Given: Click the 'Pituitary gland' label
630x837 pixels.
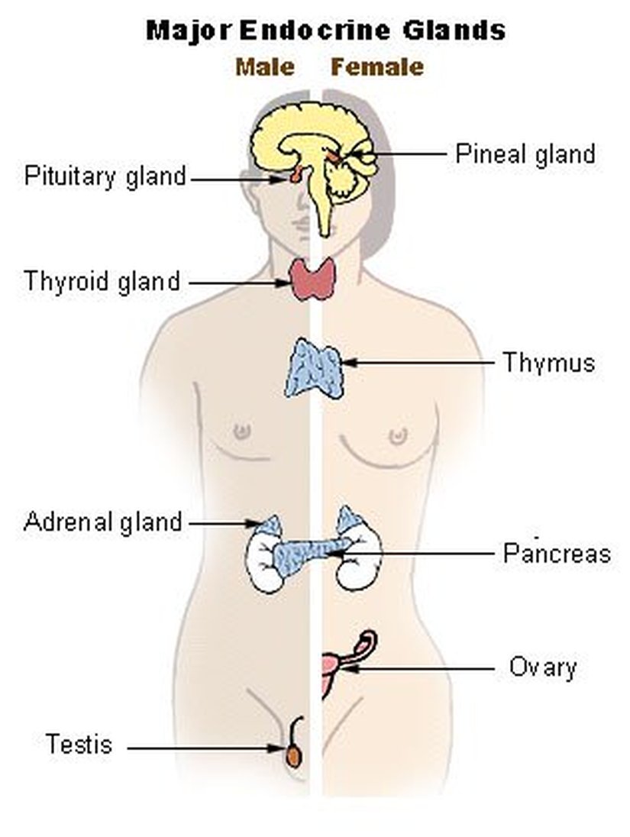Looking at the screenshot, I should [105, 176].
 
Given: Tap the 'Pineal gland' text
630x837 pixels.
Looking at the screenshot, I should [525, 154].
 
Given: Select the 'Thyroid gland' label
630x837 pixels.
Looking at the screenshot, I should [102, 281].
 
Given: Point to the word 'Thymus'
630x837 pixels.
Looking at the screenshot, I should [548, 361].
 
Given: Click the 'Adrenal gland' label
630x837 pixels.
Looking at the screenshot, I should [103, 522].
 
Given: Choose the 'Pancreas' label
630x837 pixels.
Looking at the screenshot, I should [557, 553].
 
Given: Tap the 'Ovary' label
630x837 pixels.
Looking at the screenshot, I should [543, 667].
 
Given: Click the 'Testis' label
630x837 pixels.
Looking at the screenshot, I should [79, 743].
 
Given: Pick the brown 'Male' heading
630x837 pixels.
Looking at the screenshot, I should [265, 67].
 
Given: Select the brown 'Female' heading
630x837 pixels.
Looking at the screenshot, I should [376, 67].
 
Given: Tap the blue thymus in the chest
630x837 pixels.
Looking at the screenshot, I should [314, 368].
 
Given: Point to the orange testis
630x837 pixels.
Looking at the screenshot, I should [293, 756].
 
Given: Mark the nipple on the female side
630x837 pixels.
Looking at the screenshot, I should [397, 436].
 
